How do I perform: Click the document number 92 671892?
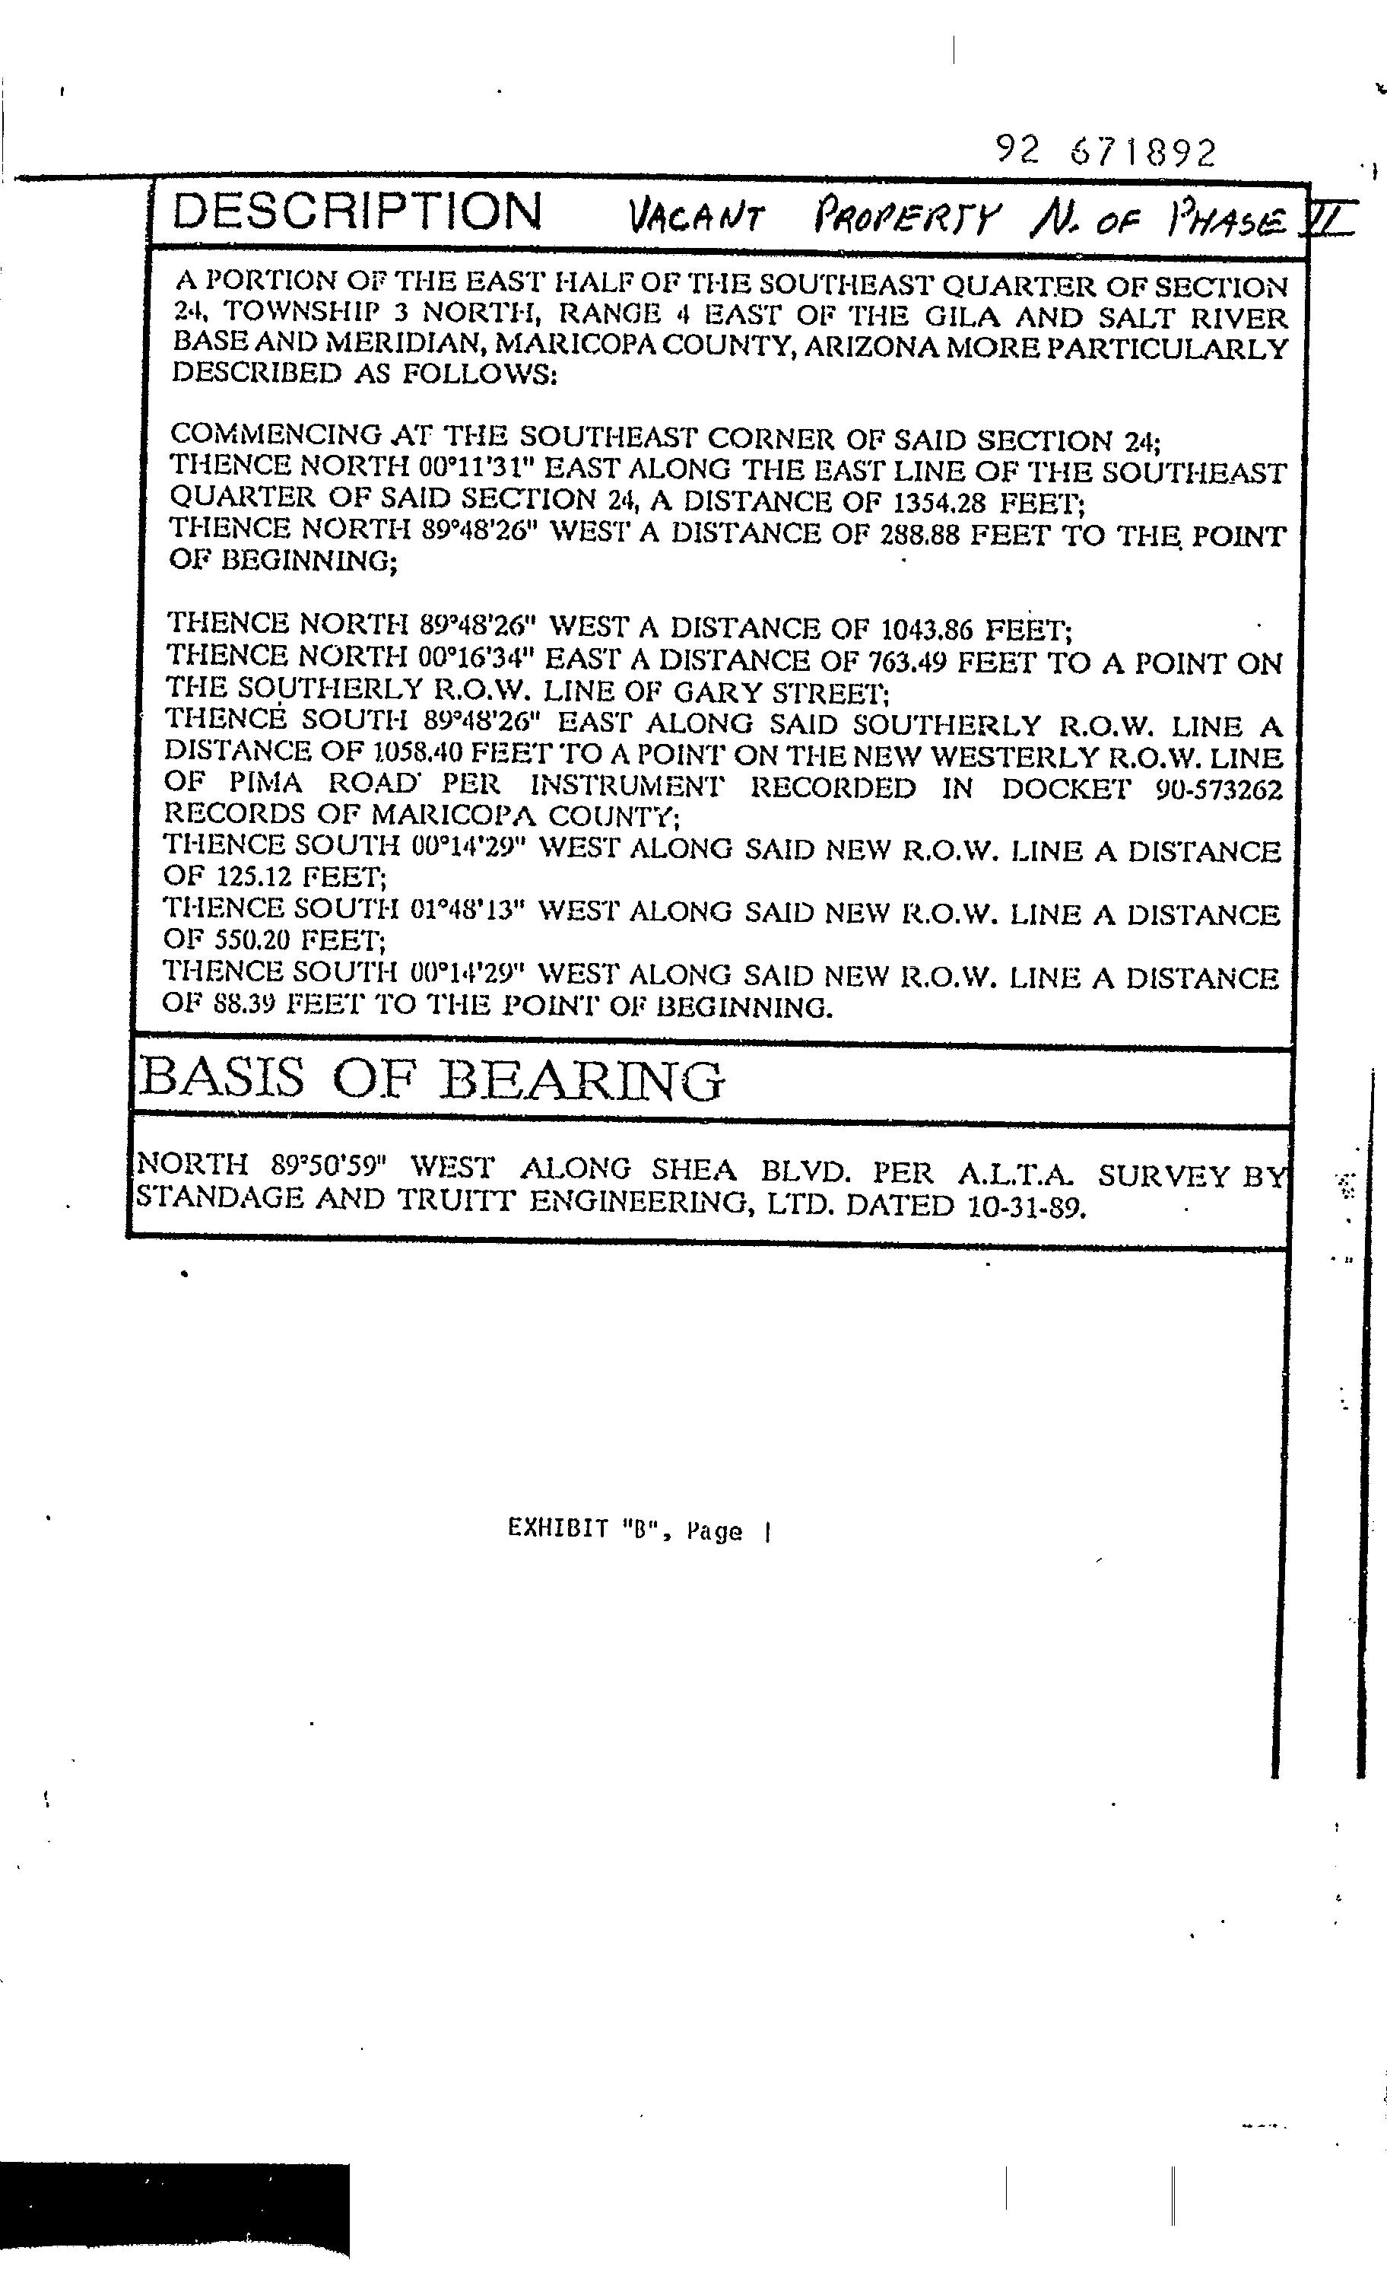pos(1106,151)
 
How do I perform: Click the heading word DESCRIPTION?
pos(357,211)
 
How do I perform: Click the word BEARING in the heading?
pos(581,1080)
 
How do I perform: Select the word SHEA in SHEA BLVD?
pos(693,1170)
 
